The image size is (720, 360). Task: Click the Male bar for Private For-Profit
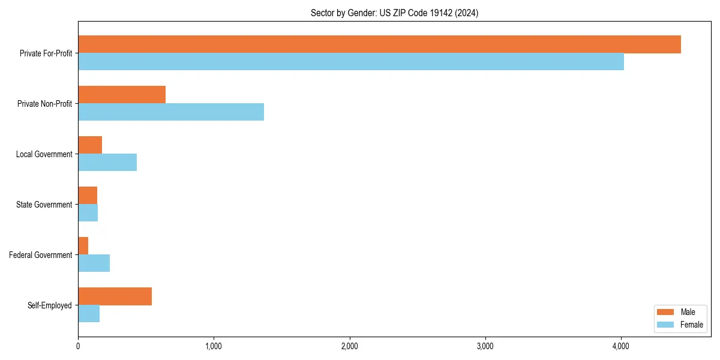point(379,44)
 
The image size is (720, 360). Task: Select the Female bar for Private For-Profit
point(351,62)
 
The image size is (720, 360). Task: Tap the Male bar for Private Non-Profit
point(122,95)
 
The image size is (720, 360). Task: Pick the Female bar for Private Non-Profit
point(171,112)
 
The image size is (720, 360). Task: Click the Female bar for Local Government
point(107,163)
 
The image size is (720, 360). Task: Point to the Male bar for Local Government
point(90,145)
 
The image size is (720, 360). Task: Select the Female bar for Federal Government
point(94,263)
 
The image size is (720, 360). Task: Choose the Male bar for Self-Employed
point(115,296)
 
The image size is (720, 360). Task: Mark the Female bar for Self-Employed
point(89,314)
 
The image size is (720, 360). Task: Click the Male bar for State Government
point(88,196)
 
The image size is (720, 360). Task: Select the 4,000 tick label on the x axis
point(620,346)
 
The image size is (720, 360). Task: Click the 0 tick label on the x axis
point(78,346)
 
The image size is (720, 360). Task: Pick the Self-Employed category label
point(50,305)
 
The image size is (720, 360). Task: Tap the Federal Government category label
point(41,255)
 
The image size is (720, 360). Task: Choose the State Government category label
point(44,205)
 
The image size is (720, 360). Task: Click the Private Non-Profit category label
point(45,104)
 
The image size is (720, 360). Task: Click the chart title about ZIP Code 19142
point(394,13)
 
